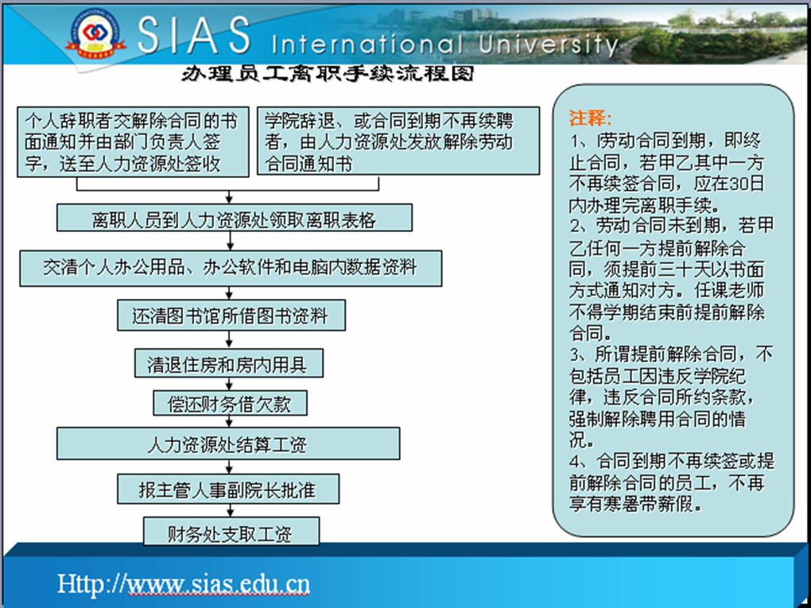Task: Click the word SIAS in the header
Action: point(194,35)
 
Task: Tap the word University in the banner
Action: point(548,45)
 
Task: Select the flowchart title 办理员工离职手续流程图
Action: point(328,74)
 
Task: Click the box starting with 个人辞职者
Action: point(133,142)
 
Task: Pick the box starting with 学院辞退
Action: point(398,141)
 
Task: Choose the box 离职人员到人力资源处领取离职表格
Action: point(235,218)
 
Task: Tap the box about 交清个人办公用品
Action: point(231,269)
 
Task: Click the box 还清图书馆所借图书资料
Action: point(231,316)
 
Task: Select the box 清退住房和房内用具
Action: point(229,363)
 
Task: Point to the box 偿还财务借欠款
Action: point(230,403)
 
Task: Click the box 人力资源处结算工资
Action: point(228,443)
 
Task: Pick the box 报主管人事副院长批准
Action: point(228,489)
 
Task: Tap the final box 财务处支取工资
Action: point(231,532)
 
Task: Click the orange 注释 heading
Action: point(591,118)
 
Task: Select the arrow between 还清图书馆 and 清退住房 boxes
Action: point(229,339)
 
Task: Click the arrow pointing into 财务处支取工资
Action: point(230,511)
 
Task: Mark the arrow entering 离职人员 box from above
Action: point(229,197)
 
